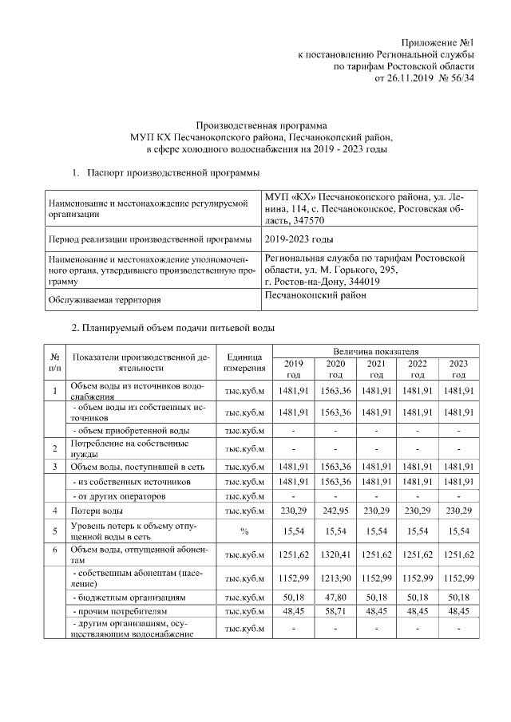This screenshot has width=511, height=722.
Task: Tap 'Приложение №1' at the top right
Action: (438, 42)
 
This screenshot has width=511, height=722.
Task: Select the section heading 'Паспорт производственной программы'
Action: (172, 172)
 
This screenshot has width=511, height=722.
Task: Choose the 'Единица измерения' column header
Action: (245, 362)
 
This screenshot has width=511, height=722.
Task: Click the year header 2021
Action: (376, 369)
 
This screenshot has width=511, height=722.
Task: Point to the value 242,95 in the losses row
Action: (335, 509)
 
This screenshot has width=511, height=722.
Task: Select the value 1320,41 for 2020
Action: (335, 554)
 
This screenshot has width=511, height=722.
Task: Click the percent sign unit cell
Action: (245, 531)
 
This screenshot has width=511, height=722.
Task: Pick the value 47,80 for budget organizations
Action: (335, 596)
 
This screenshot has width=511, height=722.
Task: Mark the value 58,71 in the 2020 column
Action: (335, 610)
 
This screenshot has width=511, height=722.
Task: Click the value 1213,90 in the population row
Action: (335, 577)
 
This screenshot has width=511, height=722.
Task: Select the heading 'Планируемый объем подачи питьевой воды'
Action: (179, 329)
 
